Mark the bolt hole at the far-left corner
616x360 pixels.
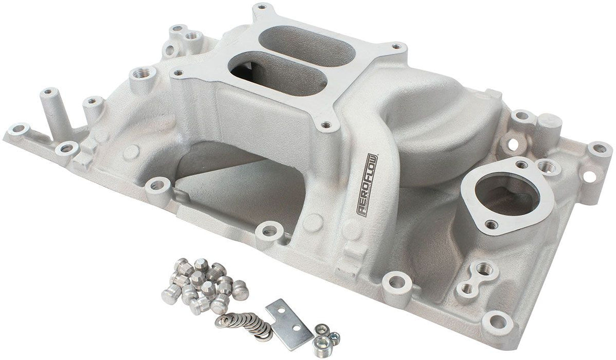(20, 129)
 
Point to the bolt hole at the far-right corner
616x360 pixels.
(600, 149)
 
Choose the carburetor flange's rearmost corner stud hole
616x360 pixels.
(261, 8)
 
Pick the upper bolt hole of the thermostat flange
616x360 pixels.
(521, 165)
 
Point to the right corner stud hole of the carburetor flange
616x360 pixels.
(396, 47)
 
